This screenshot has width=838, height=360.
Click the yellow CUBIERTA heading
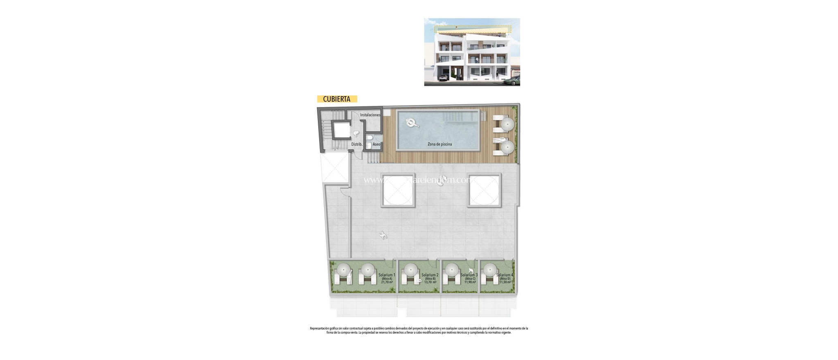(x=337, y=99)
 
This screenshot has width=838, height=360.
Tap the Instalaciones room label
(x=370, y=115)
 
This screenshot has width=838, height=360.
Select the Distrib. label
(x=357, y=144)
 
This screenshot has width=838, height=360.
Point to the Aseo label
(x=376, y=144)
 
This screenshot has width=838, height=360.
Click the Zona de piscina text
(x=439, y=144)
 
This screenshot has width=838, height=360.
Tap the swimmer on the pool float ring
(x=411, y=122)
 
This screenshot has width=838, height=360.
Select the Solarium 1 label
(x=387, y=275)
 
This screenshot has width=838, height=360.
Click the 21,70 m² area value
(x=387, y=282)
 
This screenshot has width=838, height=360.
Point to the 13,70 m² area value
(x=430, y=282)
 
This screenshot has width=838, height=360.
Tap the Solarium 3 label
(x=469, y=275)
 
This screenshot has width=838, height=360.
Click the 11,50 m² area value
(x=505, y=282)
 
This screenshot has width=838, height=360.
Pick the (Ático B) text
(x=430, y=279)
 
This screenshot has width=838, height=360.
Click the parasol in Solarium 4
(x=489, y=270)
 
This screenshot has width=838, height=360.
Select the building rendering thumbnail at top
(x=472, y=52)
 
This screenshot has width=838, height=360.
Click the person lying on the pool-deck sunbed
(x=499, y=140)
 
